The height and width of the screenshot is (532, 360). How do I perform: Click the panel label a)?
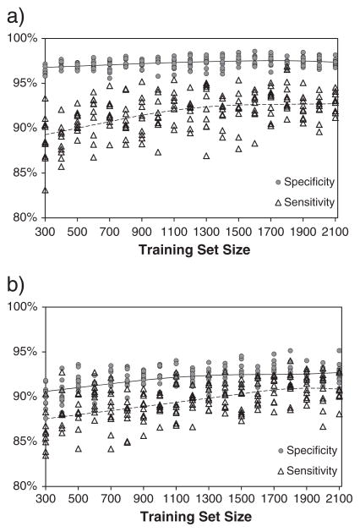click(x=15, y=16)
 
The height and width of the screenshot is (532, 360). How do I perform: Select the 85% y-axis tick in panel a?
click(x=25, y=173)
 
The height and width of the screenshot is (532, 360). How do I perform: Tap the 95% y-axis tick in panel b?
click(x=25, y=352)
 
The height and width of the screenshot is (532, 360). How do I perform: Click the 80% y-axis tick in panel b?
click(x=25, y=485)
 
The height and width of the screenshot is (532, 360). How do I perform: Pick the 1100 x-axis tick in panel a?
click(x=174, y=232)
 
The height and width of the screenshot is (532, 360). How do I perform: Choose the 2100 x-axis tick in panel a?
click(x=335, y=232)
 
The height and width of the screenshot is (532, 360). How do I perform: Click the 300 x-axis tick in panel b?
click(x=46, y=499)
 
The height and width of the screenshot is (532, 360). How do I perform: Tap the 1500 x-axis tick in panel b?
click(x=242, y=499)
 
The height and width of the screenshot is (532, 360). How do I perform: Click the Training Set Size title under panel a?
click(x=194, y=250)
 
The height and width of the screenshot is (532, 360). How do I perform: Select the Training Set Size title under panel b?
click(x=196, y=517)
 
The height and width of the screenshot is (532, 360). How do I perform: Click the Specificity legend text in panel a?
click(x=309, y=182)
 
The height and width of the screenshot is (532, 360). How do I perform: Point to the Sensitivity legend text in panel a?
click(x=309, y=202)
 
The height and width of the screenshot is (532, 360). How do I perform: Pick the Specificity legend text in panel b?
click(x=312, y=451)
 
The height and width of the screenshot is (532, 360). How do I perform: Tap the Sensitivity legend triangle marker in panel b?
click(x=281, y=471)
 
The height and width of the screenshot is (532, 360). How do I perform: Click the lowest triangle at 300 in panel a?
click(x=45, y=190)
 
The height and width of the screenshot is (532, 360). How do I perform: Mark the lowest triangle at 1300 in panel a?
click(x=206, y=156)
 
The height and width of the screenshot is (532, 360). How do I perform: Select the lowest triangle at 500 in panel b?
click(x=79, y=449)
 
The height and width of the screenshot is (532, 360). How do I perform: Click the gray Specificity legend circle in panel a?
click(x=278, y=182)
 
